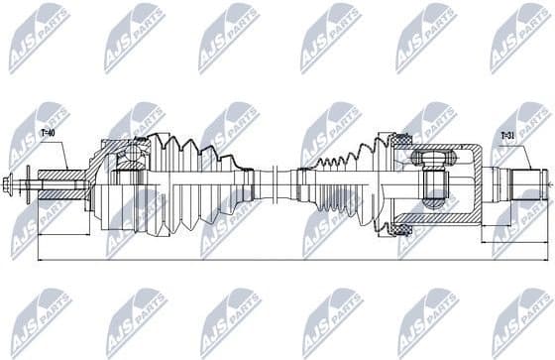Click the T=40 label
coord(48,131)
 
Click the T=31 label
coord(506,136)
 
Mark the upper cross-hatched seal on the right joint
coord(401,145)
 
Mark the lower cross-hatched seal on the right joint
coord(401,229)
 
